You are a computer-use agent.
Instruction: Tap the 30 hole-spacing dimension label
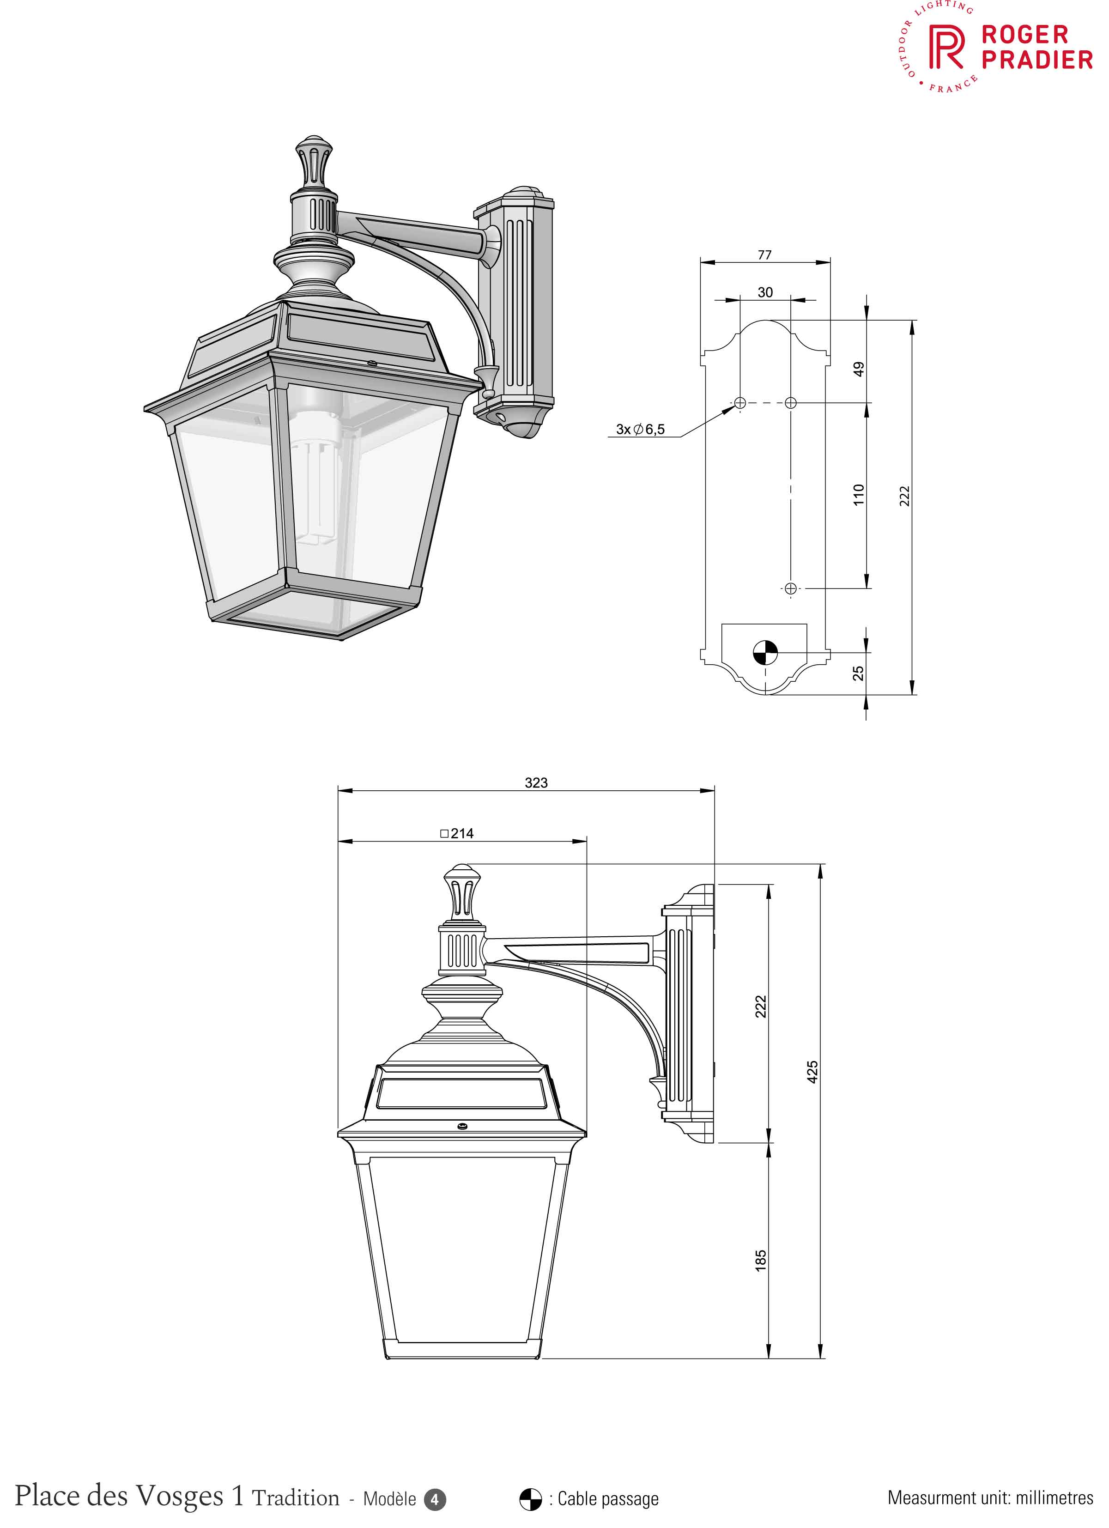click(x=765, y=292)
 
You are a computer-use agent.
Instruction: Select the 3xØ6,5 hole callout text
click(x=640, y=429)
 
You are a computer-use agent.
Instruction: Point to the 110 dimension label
click(x=858, y=495)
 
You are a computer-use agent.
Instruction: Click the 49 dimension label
click(x=858, y=369)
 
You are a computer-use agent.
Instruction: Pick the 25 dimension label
click(x=858, y=673)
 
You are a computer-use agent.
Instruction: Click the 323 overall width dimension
click(x=536, y=783)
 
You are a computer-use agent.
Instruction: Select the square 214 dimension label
click(x=457, y=833)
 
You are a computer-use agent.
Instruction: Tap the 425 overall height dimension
click(x=812, y=1072)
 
